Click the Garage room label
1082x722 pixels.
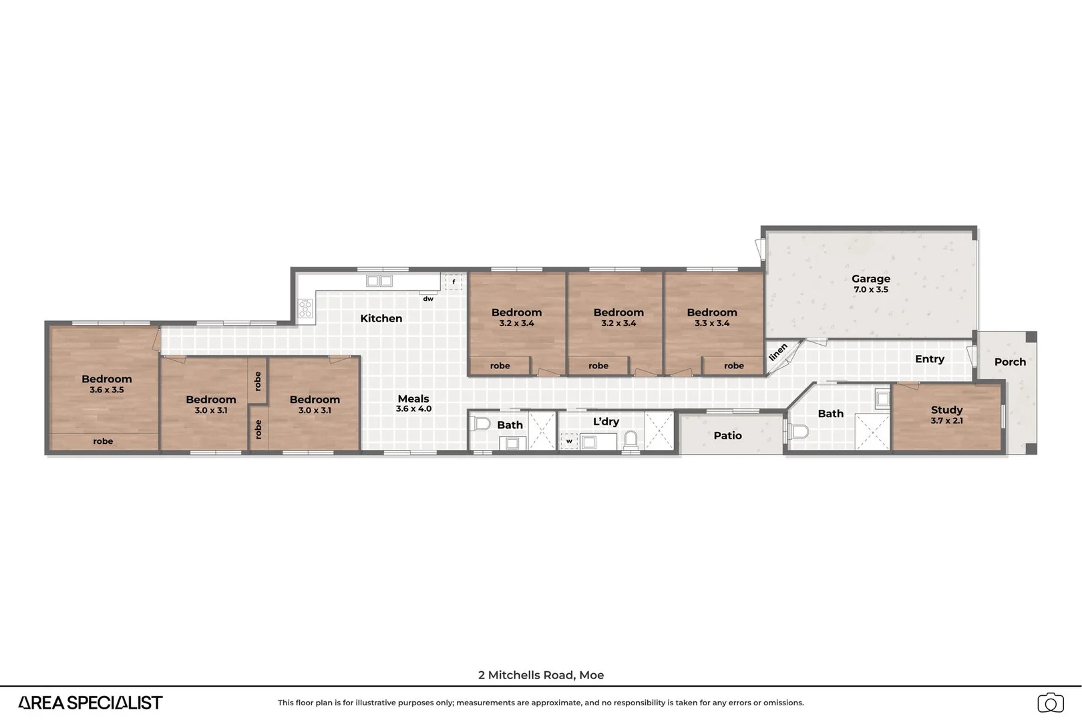[870, 279]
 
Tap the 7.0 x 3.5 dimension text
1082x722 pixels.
[870, 290]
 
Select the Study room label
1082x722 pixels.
[946, 410]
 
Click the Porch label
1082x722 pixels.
[1009, 362]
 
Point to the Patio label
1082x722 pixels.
[727, 435]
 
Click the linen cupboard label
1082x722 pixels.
[777, 352]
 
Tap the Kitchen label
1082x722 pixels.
[381, 318]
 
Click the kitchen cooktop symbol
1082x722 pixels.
[305, 308]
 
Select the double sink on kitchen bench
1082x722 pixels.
[379, 281]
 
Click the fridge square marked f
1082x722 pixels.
[454, 282]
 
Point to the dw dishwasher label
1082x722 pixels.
[428, 299]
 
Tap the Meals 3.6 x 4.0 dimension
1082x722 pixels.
[413, 408]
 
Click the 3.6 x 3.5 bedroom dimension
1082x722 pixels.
[107, 390]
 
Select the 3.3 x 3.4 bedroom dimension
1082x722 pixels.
[712, 324]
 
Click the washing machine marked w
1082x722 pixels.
[569, 441]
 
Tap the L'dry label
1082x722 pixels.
[606, 421]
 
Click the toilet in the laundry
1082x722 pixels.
[630, 439]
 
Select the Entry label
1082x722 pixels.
[929, 359]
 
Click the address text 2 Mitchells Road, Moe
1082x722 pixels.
[541, 675]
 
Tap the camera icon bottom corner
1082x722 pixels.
[1050, 703]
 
